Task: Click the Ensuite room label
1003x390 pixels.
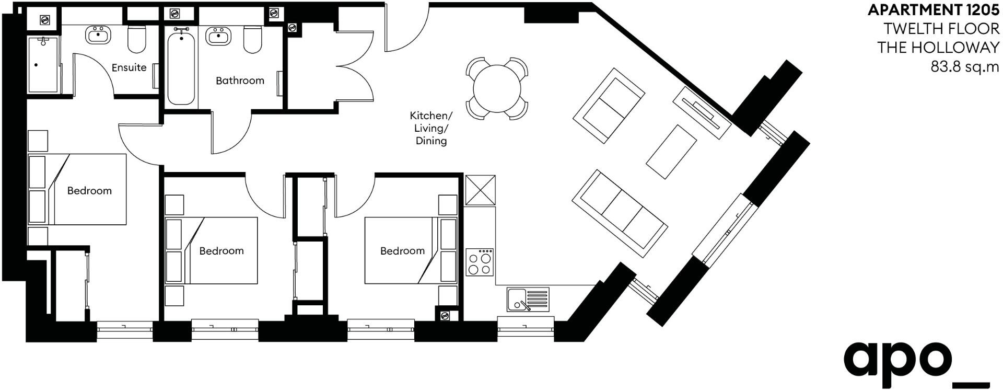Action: point(129,67)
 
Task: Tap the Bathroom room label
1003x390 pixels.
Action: point(240,81)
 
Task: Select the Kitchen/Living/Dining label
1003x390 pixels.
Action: point(431,128)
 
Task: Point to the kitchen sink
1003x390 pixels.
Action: point(528,300)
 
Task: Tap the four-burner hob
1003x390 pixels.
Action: point(480,262)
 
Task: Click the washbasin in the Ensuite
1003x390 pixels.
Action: point(98,36)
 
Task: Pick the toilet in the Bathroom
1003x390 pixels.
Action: point(253,40)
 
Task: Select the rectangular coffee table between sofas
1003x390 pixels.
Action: point(672,152)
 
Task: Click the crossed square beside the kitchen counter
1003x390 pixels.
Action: point(480,190)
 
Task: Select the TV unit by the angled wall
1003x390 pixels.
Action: point(702,112)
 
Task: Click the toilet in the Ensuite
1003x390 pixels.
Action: point(137,39)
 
